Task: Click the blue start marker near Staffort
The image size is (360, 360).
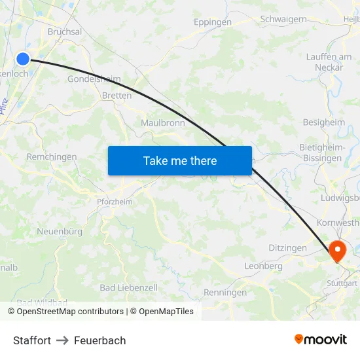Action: pyautogui.click(x=23, y=59)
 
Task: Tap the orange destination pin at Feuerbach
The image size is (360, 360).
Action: pyautogui.click(x=338, y=250)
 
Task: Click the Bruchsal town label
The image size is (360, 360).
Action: pyautogui.click(x=65, y=31)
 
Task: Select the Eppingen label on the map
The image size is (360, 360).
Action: pyautogui.click(x=213, y=22)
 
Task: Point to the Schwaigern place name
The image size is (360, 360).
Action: pyautogui.click(x=283, y=20)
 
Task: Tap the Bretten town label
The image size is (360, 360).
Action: pyautogui.click(x=117, y=96)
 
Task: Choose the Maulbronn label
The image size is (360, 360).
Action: pyautogui.click(x=163, y=122)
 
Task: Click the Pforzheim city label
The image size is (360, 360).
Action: pyautogui.click(x=115, y=202)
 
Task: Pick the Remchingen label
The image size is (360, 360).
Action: pyautogui.click(x=52, y=157)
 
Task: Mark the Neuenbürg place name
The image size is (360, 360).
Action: pyautogui.click(x=60, y=232)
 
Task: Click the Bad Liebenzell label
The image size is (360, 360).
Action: pyautogui.click(x=129, y=288)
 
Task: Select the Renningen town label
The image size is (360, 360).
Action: pyautogui.click(x=226, y=293)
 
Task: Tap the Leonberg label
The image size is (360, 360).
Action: pyautogui.click(x=263, y=266)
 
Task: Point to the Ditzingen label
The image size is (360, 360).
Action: pyautogui.click(x=287, y=248)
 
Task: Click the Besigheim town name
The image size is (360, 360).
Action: pyautogui.click(x=324, y=122)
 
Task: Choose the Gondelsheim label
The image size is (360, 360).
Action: pyautogui.click(x=94, y=79)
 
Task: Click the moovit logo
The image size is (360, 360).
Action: pyautogui.click(x=321, y=340)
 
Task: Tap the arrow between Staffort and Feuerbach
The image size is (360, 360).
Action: pyautogui.click(x=62, y=340)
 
